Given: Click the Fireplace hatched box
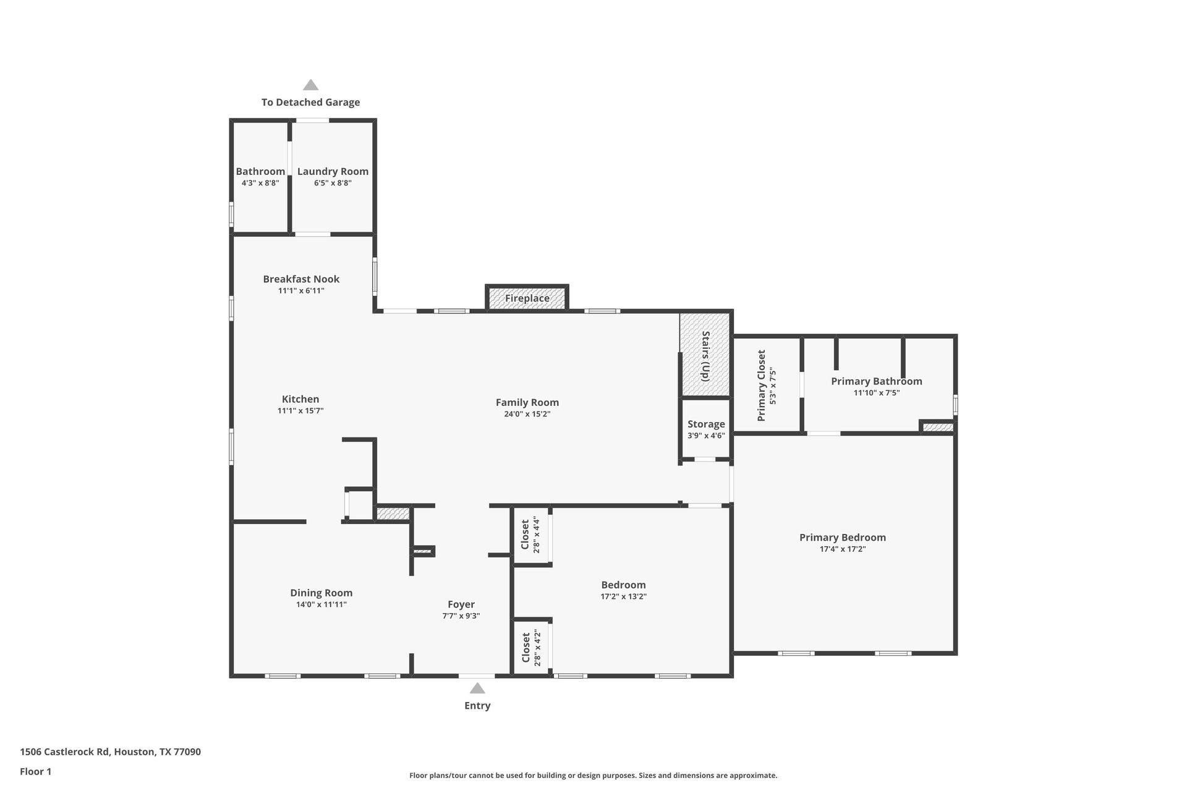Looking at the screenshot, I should (527, 298).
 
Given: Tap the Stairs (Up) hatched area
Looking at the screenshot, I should (705, 355).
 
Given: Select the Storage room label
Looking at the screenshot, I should (706, 425).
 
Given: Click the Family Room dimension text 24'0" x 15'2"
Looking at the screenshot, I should (527, 414).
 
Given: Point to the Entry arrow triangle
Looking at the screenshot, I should (477, 688).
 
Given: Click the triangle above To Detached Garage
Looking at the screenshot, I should (310, 85).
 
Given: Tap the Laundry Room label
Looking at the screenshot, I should (333, 172).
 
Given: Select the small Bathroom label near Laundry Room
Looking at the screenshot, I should (260, 172).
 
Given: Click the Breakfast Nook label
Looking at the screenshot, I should (301, 279).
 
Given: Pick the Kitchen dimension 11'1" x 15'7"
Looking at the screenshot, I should (300, 411).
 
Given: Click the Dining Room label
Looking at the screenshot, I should (321, 593).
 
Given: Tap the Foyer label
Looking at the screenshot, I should (461, 605).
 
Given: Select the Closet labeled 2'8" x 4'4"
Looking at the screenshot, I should (530, 535).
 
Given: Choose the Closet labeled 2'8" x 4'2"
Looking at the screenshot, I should (530, 648).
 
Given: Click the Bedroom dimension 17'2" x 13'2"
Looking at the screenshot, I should (623, 597).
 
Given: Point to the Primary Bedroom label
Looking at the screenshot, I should (842, 538).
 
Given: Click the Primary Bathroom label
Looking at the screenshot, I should (876, 381).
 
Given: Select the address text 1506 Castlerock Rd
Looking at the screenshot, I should (65, 752).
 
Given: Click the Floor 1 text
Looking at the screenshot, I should (35, 771).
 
